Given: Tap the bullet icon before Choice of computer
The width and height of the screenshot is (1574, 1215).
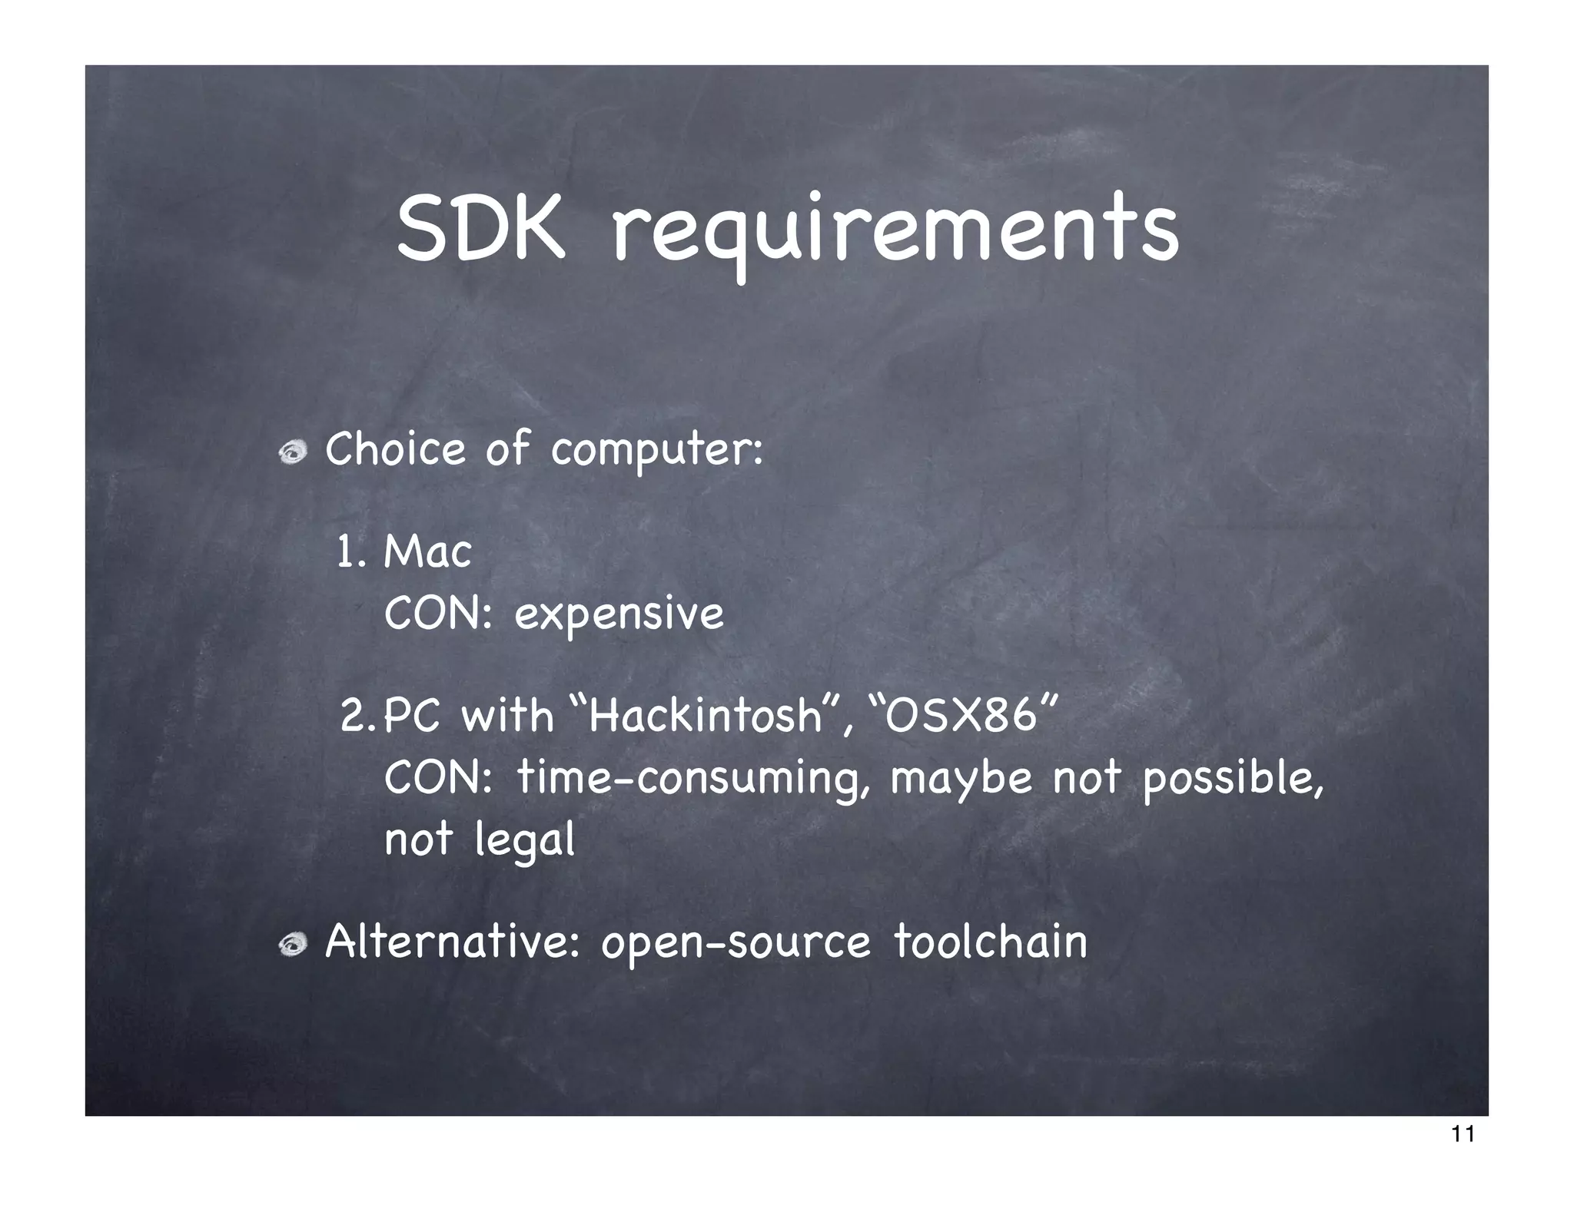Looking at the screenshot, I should (x=293, y=454).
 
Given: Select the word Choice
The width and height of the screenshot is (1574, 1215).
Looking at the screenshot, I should (x=395, y=449).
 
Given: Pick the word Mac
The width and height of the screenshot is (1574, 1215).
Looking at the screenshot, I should (x=427, y=552).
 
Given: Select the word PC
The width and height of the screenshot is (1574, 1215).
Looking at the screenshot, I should (x=411, y=716).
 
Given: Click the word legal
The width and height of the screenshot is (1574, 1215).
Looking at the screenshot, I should (x=524, y=840).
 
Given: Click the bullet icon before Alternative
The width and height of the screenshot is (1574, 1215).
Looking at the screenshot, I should (x=293, y=945).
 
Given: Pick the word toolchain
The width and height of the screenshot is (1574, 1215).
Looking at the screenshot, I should (x=991, y=942).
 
